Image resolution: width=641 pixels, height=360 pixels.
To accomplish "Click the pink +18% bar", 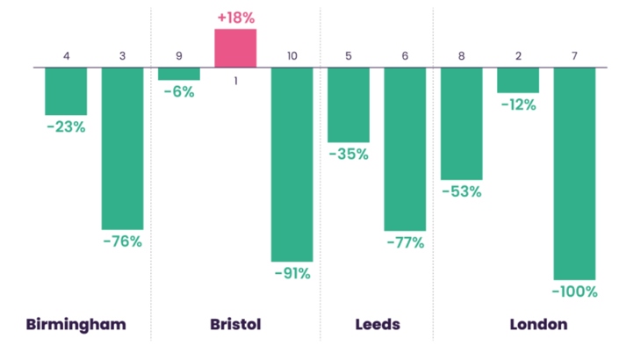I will [x=235, y=47].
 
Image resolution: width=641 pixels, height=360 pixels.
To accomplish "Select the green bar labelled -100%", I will [x=574, y=172].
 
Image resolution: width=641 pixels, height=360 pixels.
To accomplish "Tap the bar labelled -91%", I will [x=292, y=163].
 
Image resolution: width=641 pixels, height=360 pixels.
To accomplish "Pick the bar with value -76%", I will [x=122, y=148].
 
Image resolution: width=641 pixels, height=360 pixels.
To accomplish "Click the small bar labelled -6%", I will [x=179, y=74].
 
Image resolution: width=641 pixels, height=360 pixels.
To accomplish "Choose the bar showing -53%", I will [x=461, y=123].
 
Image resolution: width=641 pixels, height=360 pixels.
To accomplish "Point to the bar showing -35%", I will [x=349, y=104].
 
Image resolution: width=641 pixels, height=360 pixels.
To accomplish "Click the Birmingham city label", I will [x=76, y=324].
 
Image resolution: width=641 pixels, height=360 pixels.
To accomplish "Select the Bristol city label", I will [x=235, y=324].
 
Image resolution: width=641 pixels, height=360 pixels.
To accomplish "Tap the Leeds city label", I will [x=377, y=324].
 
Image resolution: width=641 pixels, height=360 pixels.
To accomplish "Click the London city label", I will [x=538, y=324].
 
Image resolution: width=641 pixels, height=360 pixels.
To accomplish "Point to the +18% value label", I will [x=235, y=18].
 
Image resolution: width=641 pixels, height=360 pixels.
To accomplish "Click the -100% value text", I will [x=574, y=292].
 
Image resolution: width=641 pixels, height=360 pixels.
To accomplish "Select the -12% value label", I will [x=518, y=104].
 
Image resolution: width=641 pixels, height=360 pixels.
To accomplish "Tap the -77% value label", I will [x=405, y=242].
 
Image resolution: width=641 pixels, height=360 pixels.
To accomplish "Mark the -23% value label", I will [x=66, y=126].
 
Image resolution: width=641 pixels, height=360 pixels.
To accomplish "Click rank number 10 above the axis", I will [x=292, y=56].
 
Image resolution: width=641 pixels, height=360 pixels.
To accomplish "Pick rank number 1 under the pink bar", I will [x=235, y=81].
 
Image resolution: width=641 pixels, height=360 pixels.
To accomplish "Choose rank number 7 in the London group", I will [x=574, y=56].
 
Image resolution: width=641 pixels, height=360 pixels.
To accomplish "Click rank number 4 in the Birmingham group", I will [x=66, y=56].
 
